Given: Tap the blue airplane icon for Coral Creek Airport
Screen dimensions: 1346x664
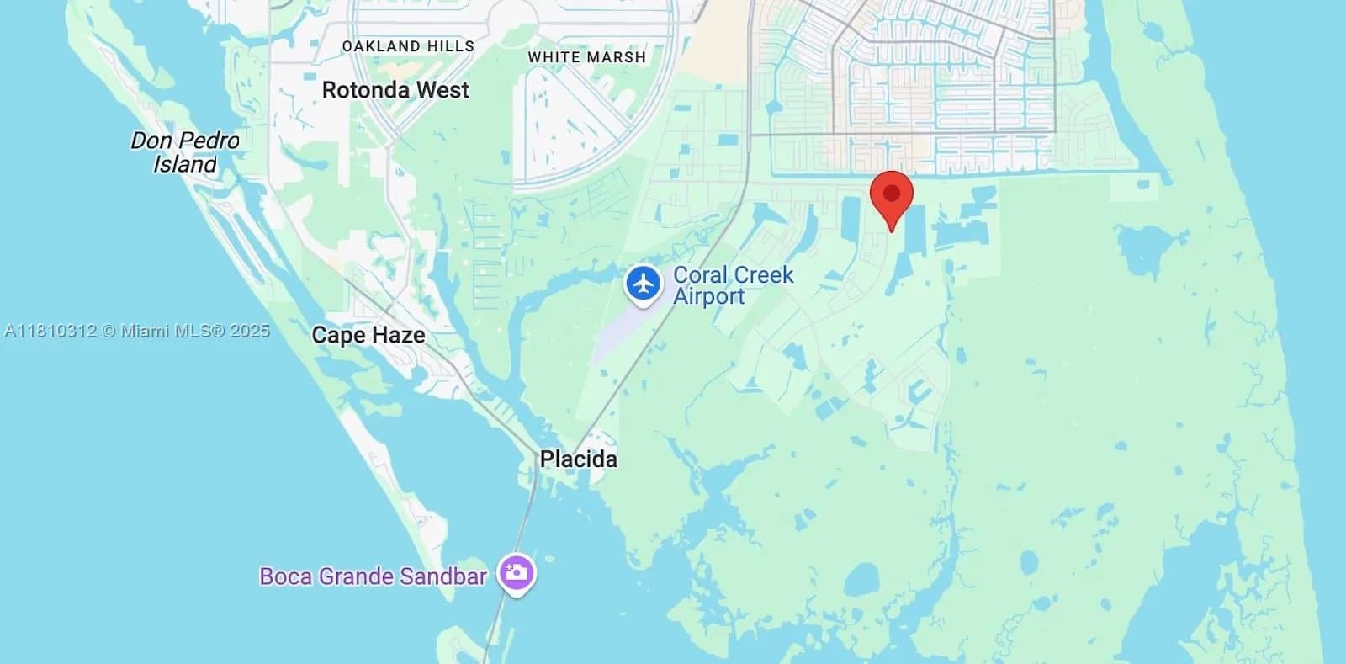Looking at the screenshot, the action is [x=644, y=284].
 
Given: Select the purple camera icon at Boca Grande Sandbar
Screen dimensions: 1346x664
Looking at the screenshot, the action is [x=516, y=574].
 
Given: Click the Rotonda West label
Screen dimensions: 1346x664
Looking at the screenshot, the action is [x=395, y=90].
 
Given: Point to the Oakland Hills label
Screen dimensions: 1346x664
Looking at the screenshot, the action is [x=408, y=46].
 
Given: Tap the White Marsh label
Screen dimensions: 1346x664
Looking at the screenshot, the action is [x=587, y=57].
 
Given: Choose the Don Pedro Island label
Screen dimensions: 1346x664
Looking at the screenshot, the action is [x=185, y=152].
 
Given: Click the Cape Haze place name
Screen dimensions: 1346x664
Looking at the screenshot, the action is [x=368, y=335].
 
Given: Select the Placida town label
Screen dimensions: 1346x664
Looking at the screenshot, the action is [x=578, y=459].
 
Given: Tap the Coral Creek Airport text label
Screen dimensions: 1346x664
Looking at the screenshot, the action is [x=733, y=285].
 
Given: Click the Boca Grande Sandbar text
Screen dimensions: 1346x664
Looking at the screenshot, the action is [x=373, y=576].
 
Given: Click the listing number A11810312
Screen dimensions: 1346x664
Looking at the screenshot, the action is [x=50, y=331].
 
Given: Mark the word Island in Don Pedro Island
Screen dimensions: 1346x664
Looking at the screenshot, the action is [x=185, y=164].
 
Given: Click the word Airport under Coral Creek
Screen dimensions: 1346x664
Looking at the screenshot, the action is [x=708, y=296].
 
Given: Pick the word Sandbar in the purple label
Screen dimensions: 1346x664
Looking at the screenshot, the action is [x=443, y=576].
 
